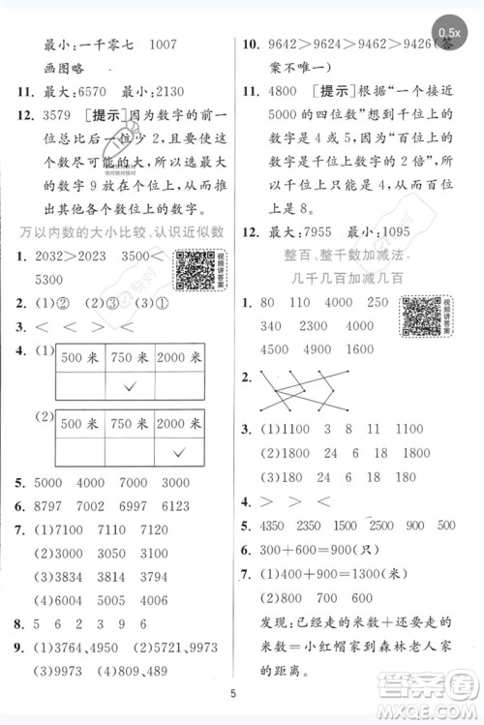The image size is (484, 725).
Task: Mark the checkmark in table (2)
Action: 178,453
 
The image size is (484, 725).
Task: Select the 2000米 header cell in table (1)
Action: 179,357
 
